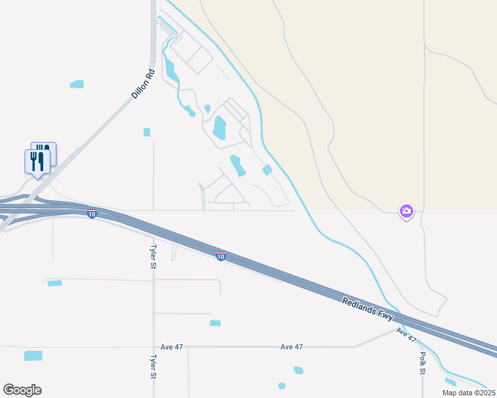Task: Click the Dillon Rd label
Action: [143, 84]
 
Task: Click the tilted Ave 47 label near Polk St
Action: [406, 334]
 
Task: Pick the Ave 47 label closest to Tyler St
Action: [172, 347]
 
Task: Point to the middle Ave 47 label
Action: [291, 347]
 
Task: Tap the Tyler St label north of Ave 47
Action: [153, 255]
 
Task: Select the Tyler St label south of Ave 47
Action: [153, 366]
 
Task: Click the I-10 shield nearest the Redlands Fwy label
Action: [221, 256]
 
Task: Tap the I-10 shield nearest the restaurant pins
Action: [92, 213]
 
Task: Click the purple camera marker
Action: [406, 212]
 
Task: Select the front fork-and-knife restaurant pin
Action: [37, 162]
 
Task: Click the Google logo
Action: [22, 390]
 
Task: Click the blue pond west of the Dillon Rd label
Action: [77, 84]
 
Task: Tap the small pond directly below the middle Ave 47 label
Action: [298, 370]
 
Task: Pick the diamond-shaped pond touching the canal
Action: [267, 170]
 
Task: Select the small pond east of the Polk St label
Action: [450, 381]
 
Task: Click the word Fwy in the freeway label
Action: [386, 318]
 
